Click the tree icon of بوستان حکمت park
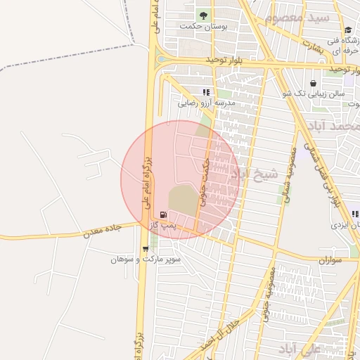pos(203,15)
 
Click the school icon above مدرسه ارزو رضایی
pos(206,92)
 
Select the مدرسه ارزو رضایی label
pos(205,103)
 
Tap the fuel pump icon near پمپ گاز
pos(163,214)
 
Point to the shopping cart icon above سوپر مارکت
pos(146,249)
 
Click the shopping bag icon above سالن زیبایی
pos(312,83)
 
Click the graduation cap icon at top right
pos(348,29)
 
